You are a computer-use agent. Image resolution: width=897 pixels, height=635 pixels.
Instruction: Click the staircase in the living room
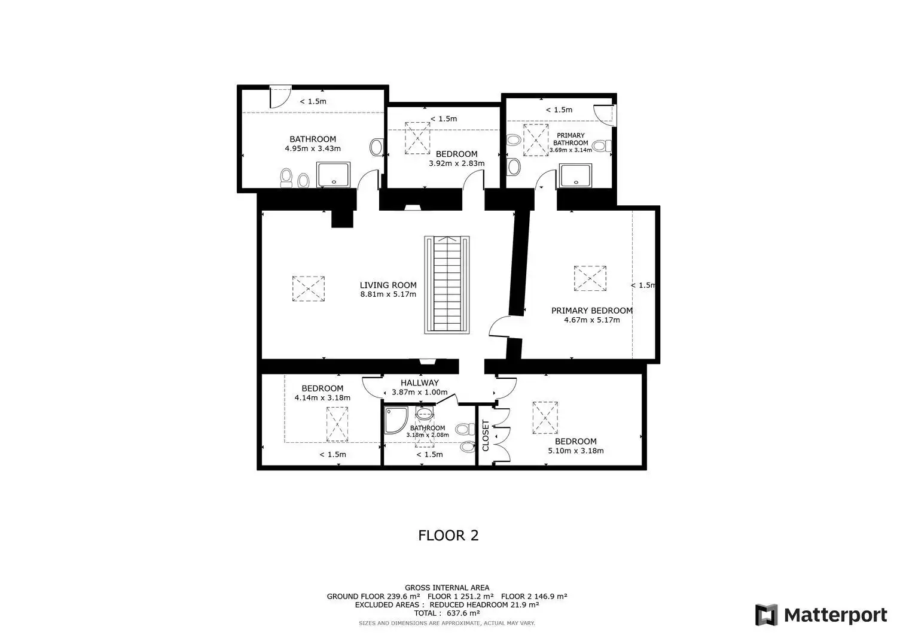tap(447, 285)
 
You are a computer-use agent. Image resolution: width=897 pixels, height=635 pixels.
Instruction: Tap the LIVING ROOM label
tap(388, 285)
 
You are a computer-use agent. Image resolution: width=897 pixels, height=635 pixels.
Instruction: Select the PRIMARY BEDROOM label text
tap(592, 310)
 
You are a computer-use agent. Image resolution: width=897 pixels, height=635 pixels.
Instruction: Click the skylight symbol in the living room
tap(309, 288)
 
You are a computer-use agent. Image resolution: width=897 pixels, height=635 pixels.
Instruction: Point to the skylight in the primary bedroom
tap(590, 278)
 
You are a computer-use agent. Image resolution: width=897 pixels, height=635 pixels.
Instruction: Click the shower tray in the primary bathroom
tap(575, 175)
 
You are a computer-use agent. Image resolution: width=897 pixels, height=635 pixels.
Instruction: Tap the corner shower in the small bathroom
tap(396, 420)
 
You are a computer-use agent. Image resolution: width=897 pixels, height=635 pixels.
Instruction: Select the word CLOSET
tap(486, 435)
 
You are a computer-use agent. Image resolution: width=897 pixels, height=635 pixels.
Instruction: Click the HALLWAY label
tap(420, 383)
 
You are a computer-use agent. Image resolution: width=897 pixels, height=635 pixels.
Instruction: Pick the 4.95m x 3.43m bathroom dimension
tap(313, 148)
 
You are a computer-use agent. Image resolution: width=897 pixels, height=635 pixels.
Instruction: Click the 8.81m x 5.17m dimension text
tap(388, 294)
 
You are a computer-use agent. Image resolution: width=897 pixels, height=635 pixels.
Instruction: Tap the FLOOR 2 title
tap(448, 536)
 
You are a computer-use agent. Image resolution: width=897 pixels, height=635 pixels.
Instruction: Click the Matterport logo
tap(821, 615)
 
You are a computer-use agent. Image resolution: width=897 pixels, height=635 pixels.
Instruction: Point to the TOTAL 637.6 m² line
tap(447, 613)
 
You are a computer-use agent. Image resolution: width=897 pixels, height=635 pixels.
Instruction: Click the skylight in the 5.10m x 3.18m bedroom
tap(545, 418)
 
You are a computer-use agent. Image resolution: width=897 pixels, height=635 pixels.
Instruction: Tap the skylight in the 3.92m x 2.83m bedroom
tap(417, 138)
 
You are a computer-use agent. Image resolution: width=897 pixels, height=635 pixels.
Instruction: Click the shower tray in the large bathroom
tap(333, 174)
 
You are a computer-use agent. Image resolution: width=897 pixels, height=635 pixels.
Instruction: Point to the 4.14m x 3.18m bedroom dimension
tap(322, 397)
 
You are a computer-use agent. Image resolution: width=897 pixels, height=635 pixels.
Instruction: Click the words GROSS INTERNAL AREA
tap(447, 588)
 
